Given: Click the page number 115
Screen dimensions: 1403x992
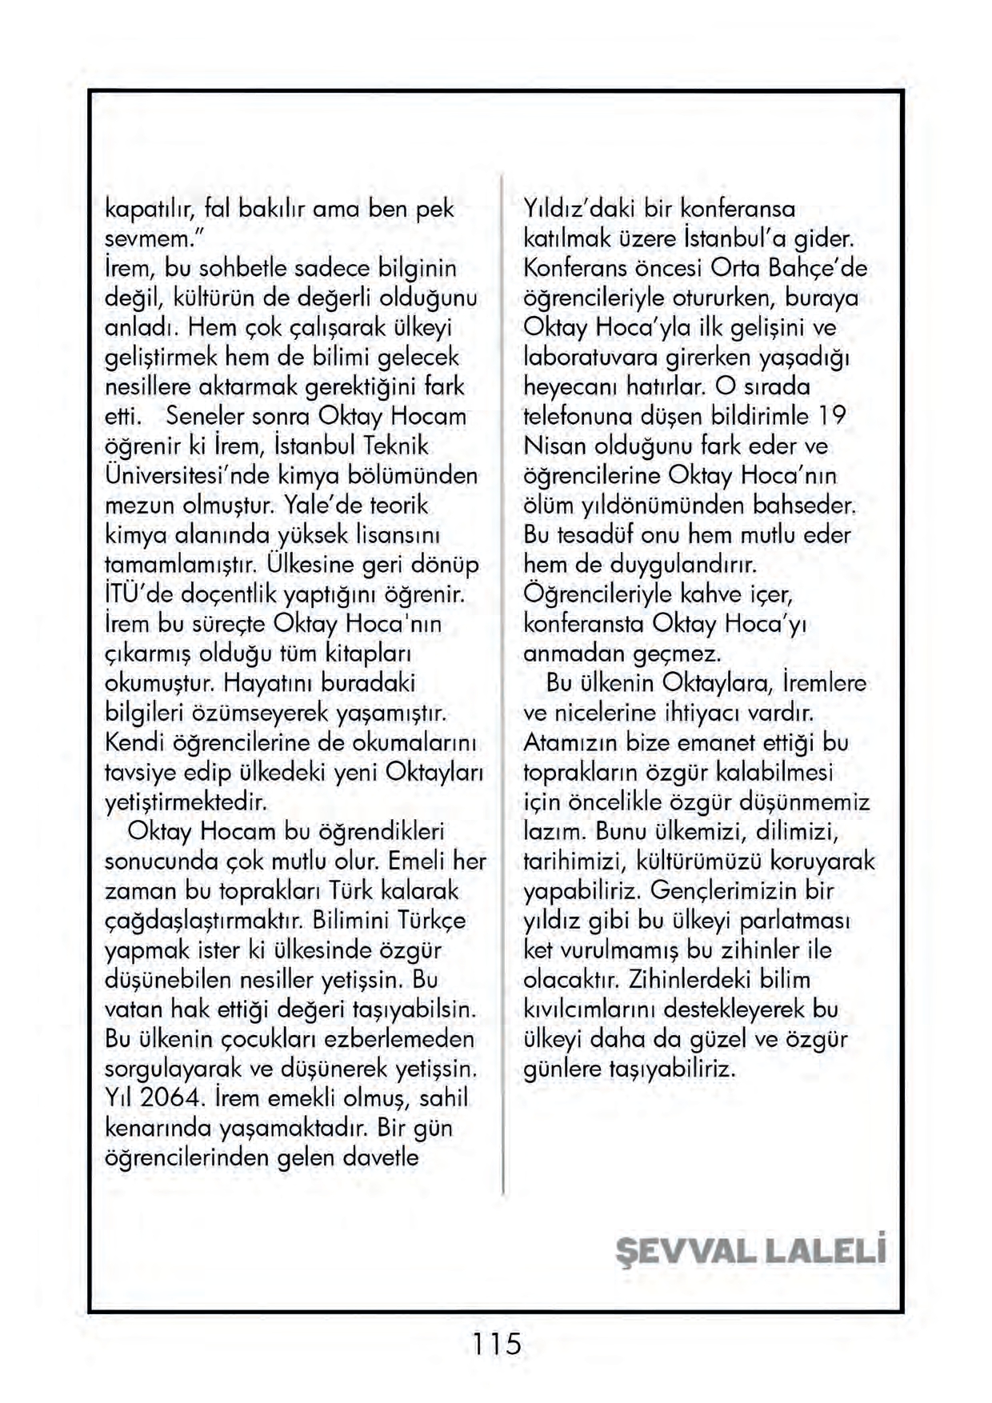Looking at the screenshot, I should click(496, 1343).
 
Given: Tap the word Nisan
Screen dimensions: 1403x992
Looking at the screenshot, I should click(553, 446).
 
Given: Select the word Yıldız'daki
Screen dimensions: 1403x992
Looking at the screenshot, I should click(577, 209).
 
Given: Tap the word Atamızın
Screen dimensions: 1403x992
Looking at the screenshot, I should click(571, 742).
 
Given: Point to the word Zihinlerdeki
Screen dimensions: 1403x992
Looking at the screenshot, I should click(695, 980).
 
